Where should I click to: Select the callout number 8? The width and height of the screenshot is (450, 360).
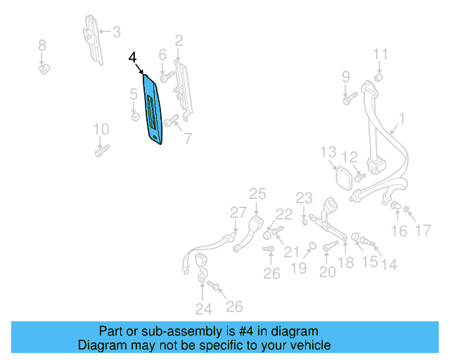pos(42,46)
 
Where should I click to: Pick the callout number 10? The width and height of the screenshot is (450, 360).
pos(101,129)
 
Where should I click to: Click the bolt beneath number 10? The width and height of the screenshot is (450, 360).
pos(102,150)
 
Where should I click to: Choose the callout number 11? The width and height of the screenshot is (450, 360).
pos(380,54)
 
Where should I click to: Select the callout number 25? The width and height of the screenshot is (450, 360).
pos(257,193)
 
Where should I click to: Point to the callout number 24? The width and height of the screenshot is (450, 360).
pos(203,308)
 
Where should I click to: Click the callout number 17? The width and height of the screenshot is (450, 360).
pos(422,230)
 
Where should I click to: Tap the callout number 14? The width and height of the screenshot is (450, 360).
pos(389,265)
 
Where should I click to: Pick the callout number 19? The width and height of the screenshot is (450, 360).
pos(300,268)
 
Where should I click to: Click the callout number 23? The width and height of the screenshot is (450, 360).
pos(304,198)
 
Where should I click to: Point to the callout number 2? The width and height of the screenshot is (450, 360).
pos(179,40)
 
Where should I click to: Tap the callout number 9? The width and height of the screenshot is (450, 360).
pos(346,76)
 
